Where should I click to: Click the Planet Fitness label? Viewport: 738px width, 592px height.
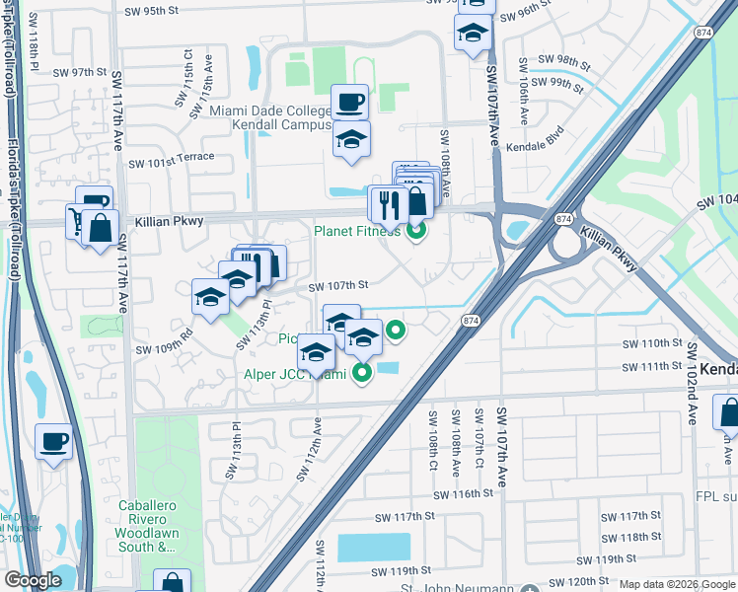[x=357, y=232]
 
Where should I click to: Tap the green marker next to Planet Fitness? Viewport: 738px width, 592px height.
[x=416, y=233]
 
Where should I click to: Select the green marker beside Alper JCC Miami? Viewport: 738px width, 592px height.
[x=363, y=373]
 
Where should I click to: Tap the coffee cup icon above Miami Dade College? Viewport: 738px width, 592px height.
[x=349, y=101]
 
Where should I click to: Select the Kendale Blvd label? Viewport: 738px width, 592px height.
[x=534, y=137]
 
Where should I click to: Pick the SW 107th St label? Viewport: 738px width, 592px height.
[x=338, y=286]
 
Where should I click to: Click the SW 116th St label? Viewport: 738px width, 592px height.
[x=463, y=493]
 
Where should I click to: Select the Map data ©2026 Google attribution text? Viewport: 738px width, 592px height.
[x=676, y=585]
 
